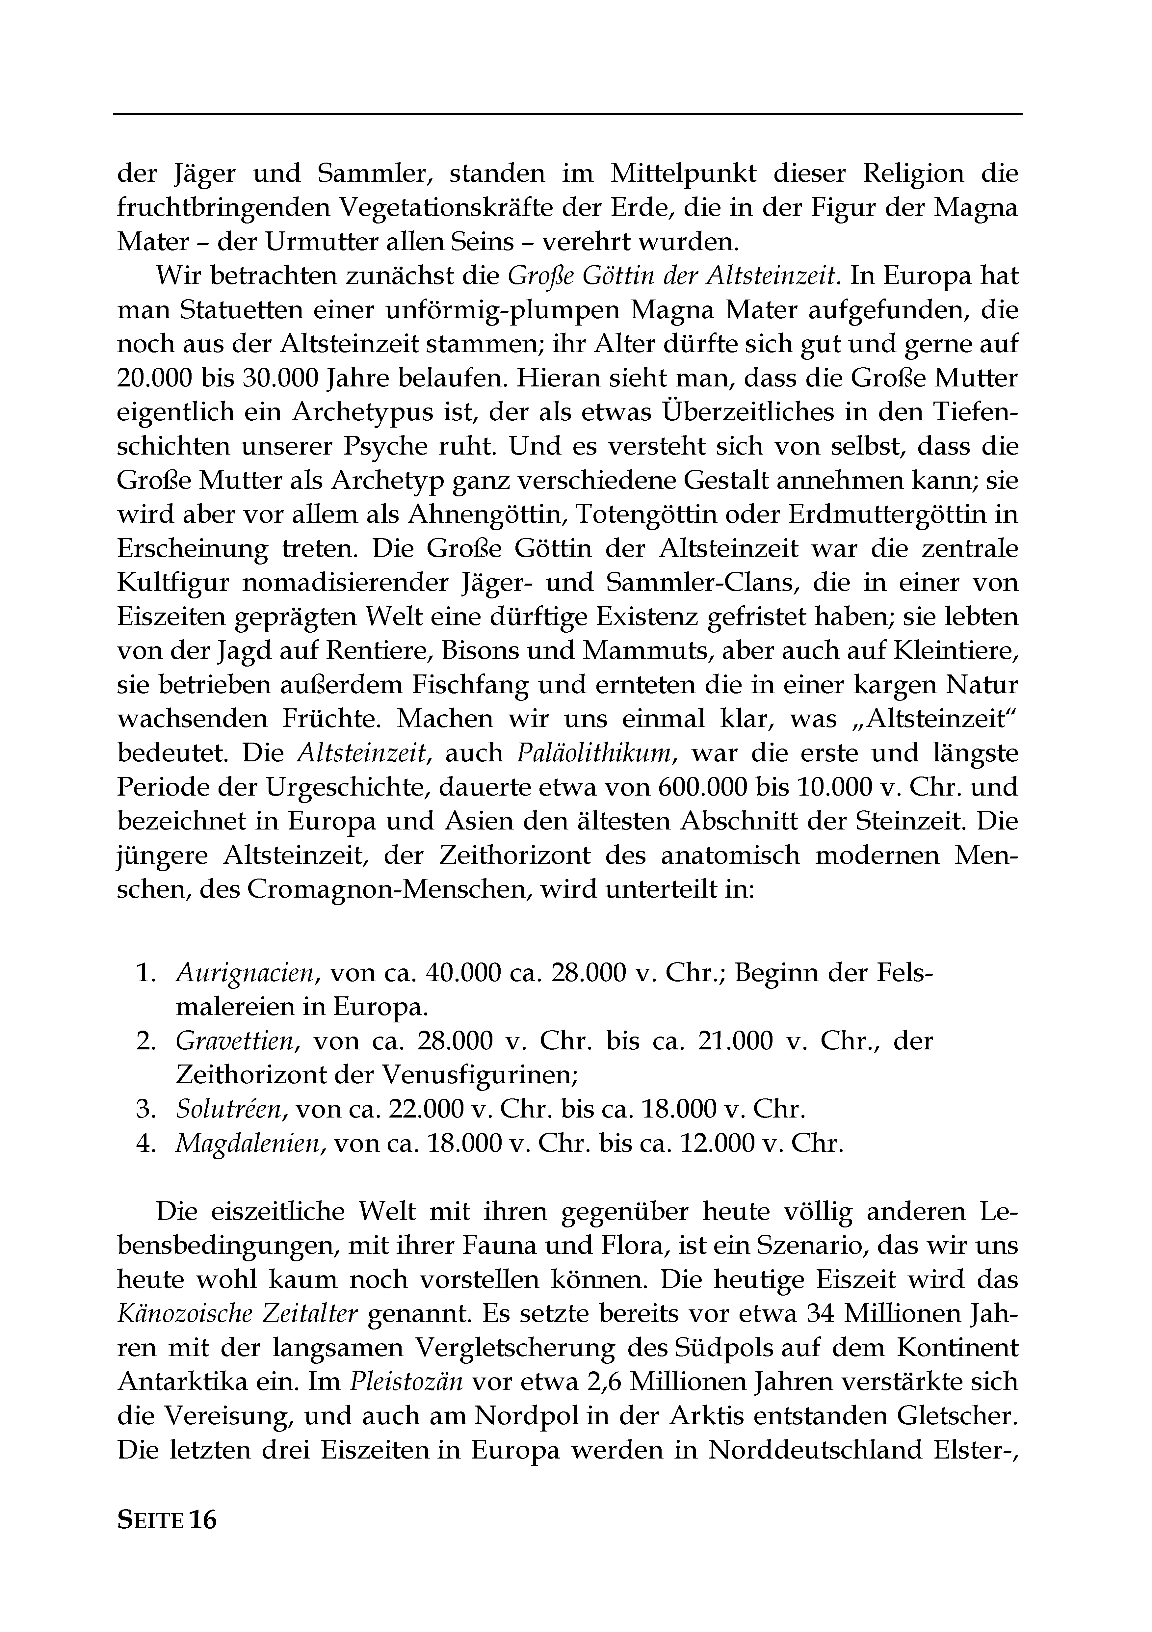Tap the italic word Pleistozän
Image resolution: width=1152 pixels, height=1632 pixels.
click(406, 1381)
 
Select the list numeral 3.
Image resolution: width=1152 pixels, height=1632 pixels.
click(141, 1109)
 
